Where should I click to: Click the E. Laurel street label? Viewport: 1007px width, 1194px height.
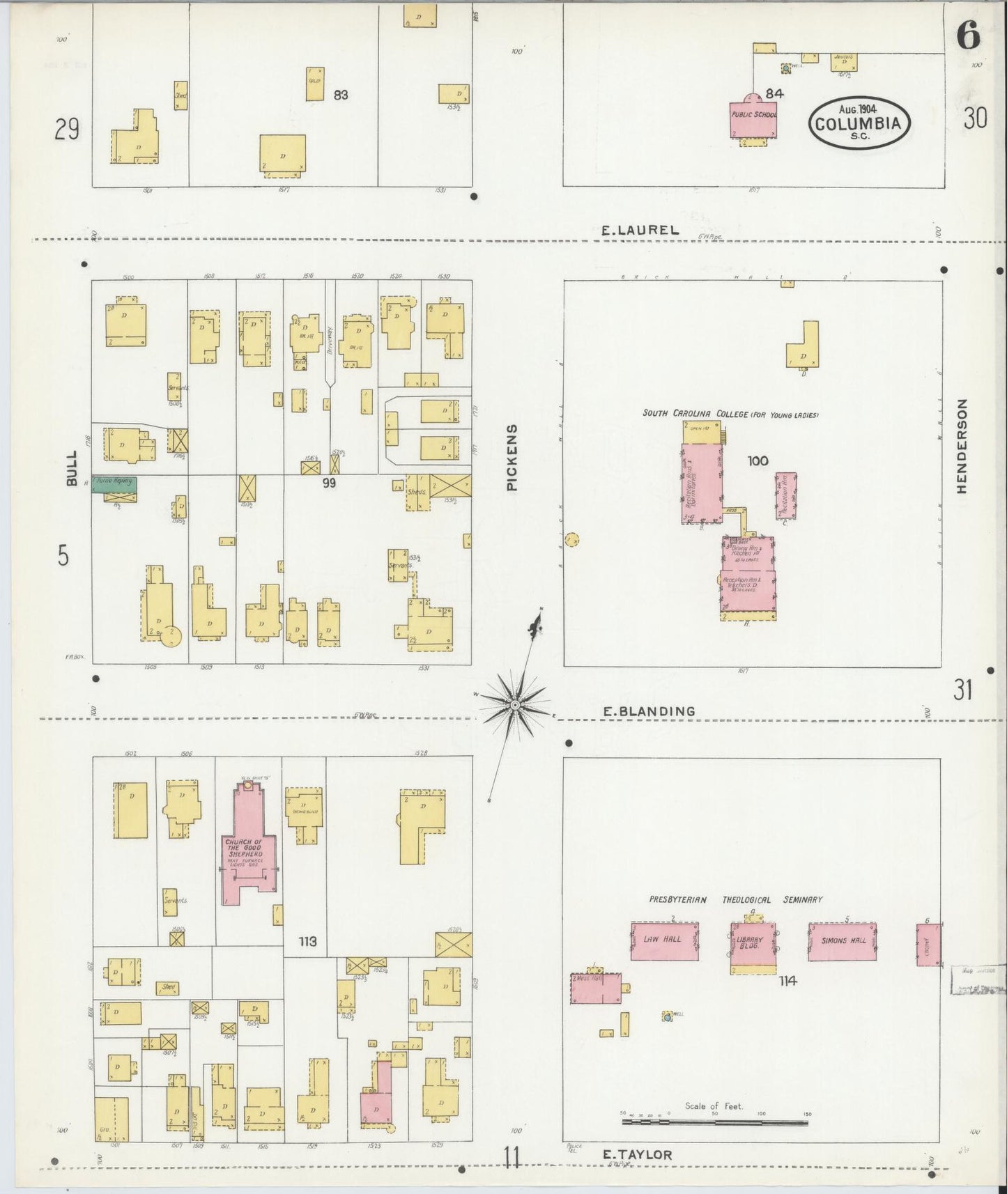(x=640, y=229)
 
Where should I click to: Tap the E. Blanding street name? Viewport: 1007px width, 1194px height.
(x=649, y=711)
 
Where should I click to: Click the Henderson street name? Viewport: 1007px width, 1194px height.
(x=962, y=446)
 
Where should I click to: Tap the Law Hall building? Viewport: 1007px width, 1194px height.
(x=664, y=940)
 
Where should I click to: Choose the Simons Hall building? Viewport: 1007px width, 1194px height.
(x=843, y=941)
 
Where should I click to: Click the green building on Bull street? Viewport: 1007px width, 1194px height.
(x=115, y=482)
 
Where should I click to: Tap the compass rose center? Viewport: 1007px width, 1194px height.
(x=514, y=706)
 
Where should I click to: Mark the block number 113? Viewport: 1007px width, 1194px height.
(x=307, y=941)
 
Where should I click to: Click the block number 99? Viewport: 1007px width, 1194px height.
(x=328, y=481)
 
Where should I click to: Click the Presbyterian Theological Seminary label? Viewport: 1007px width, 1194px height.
(x=735, y=899)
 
